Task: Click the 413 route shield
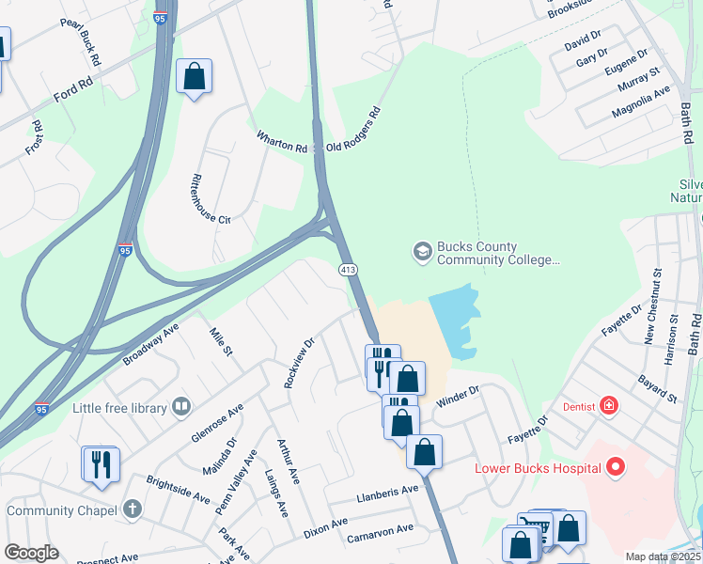coord(348,271)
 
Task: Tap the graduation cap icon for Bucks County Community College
coord(422,252)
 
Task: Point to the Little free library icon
coord(181,407)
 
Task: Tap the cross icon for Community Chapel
coord(133,510)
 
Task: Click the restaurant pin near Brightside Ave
coord(101,464)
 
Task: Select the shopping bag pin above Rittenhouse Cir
coord(194,77)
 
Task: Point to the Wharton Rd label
coord(282,143)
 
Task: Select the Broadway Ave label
coord(150,346)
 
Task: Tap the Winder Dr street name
coord(458,395)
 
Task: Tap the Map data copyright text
coord(663,556)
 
